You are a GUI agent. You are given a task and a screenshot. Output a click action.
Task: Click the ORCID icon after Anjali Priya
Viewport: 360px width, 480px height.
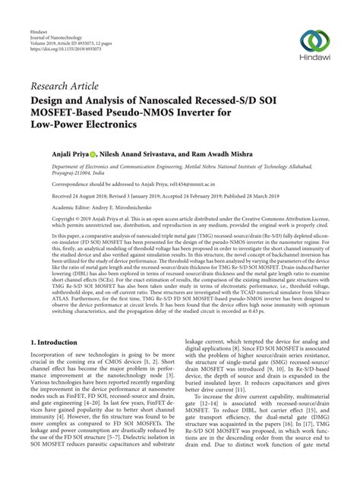[x=99, y=152]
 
